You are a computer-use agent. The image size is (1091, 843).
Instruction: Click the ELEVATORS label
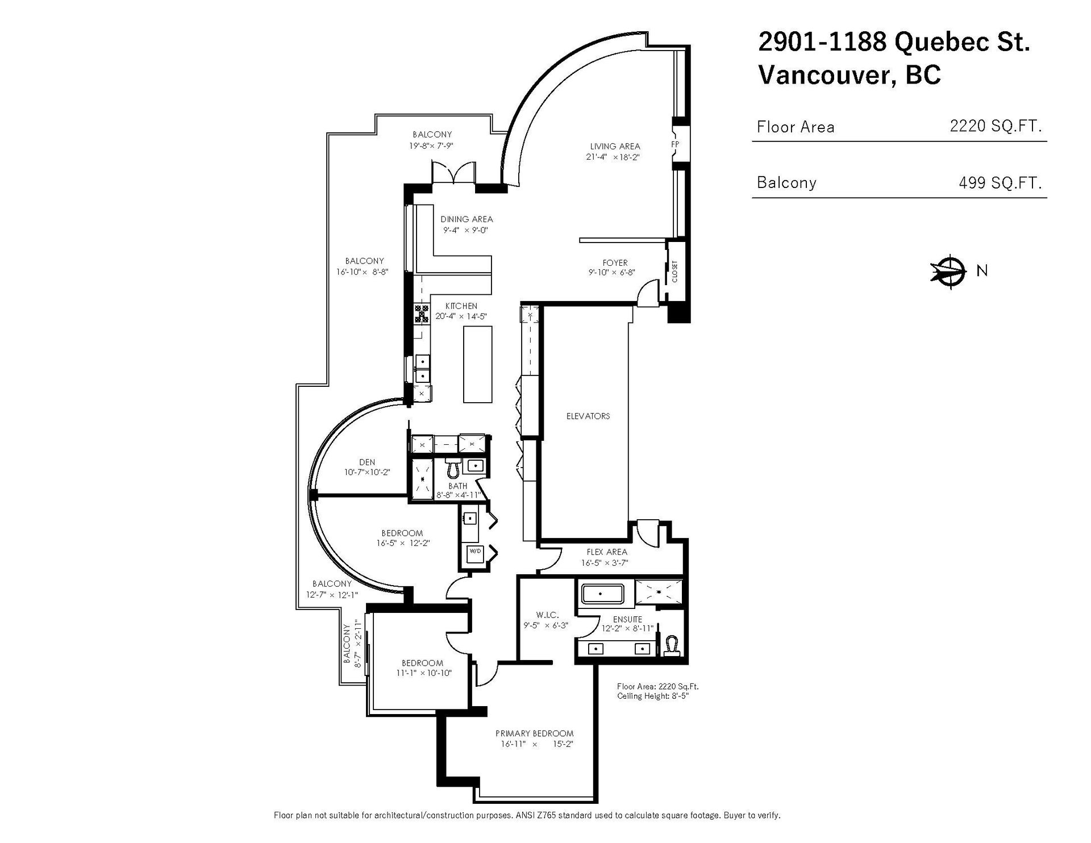click(x=588, y=416)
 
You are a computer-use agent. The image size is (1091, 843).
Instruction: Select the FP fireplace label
click(x=675, y=144)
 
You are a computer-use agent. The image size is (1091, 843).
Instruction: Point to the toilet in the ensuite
click(x=673, y=645)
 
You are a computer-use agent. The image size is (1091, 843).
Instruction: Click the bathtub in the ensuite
click(x=602, y=594)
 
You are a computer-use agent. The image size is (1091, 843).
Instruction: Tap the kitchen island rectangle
click(x=477, y=365)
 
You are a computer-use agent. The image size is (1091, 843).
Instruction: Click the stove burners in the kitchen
click(x=422, y=315)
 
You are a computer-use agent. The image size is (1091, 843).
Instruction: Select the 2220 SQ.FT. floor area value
click(x=996, y=126)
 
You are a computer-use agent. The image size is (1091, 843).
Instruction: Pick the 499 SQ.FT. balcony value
click(x=1000, y=182)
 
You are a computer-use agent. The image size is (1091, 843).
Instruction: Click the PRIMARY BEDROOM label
click(x=534, y=733)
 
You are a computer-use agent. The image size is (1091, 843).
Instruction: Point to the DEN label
click(x=367, y=462)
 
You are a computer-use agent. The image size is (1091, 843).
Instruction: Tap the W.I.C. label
click(x=548, y=615)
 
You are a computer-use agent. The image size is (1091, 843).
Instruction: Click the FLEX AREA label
click(x=607, y=552)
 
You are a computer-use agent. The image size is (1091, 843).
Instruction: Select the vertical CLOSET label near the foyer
click(x=675, y=272)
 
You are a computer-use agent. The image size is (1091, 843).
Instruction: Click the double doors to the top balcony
click(x=453, y=172)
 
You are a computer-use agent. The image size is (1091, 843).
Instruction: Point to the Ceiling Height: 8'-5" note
click(x=653, y=696)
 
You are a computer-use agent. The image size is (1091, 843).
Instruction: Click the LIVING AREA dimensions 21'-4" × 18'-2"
click(x=614, y=157)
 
